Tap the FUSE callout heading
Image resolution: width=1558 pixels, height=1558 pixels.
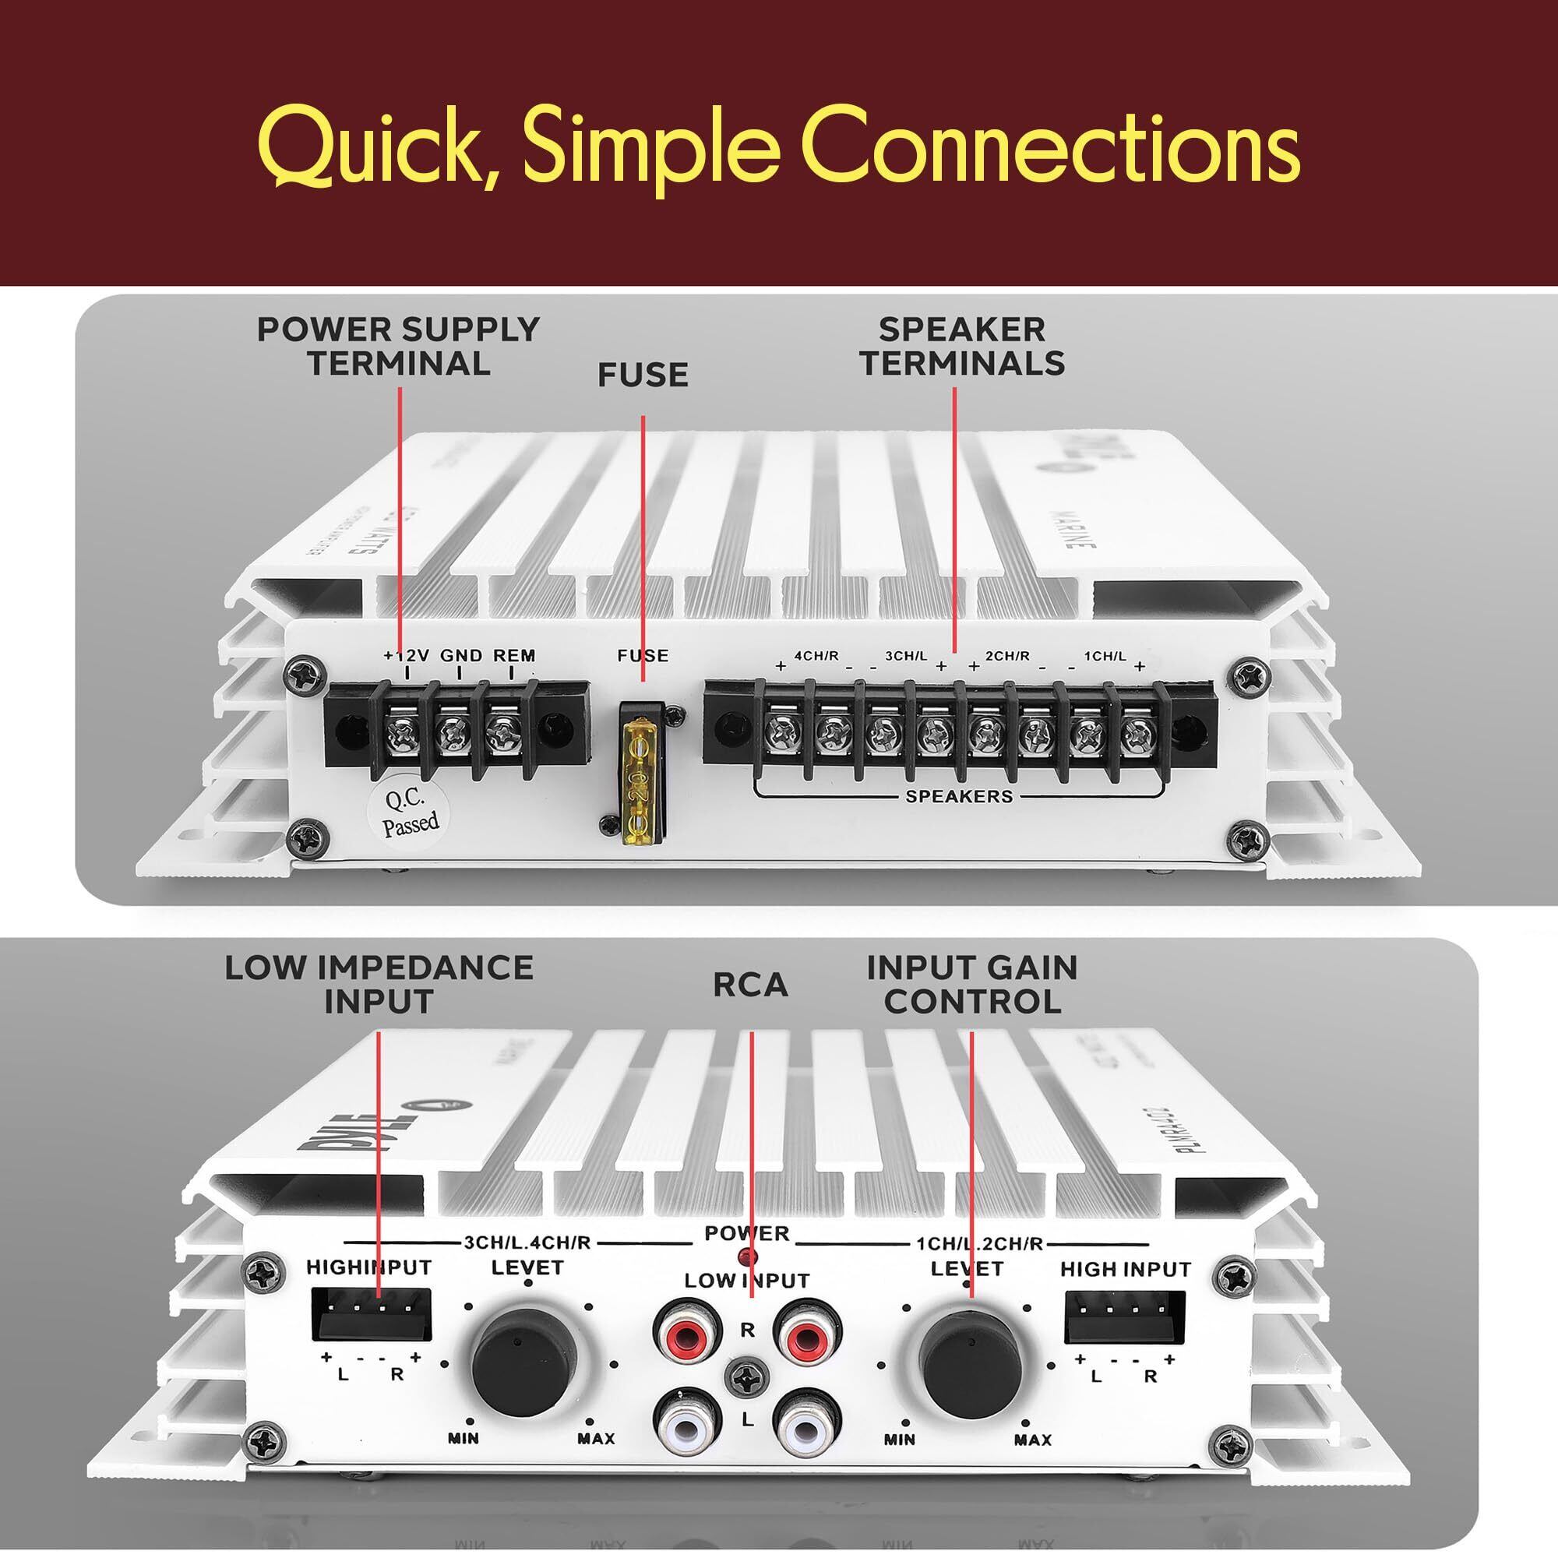(643, 375)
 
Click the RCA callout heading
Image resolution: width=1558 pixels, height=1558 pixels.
(750, 985)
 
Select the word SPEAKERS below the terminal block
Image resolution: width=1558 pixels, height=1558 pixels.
(958, 797)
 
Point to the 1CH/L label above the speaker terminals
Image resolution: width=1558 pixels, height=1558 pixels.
(1104, 657)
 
